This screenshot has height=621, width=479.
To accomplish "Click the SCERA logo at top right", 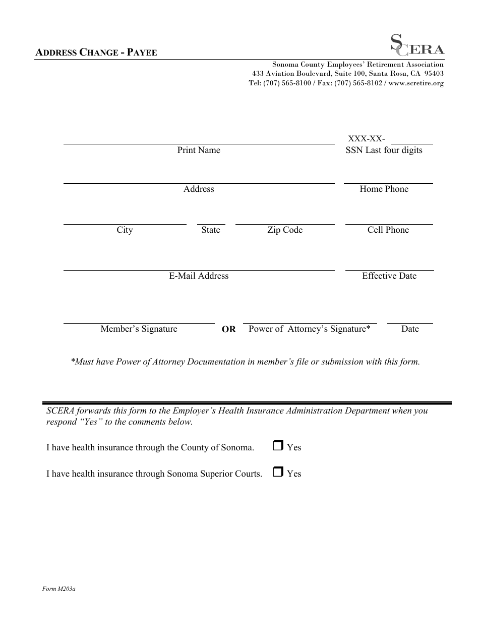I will tap(418, 44).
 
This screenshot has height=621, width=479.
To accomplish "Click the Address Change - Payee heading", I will tap(96, 52).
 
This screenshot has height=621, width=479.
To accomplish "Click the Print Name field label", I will tap(199, 150).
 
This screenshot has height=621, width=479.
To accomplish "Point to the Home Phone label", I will tap(384, 189).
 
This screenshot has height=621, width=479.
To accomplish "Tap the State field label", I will tap(211, 230).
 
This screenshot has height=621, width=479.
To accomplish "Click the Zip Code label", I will tap(285, 230).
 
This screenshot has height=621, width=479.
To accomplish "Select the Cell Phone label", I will tap(388, 230).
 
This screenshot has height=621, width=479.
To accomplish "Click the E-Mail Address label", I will tap(199, 276).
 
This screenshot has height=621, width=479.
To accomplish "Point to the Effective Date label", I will tap(389, 276).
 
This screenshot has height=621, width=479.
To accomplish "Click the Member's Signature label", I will tap(139, 329).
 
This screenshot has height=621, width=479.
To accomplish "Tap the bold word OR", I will tap(228, 329).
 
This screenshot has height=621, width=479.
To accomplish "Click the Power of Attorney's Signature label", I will tap(310, 329).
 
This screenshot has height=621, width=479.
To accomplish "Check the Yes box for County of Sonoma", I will tap(278, 446).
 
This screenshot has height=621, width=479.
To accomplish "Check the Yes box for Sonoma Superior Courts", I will tap(278, 472).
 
